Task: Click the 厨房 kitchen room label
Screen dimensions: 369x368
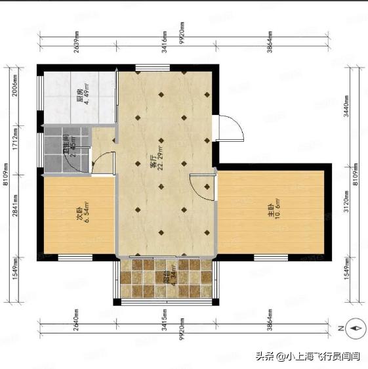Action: tap(80, 97)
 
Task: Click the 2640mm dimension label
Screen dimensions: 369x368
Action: tap(76, 317)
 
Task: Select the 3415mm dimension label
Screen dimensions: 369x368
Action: tap(163, 317)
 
